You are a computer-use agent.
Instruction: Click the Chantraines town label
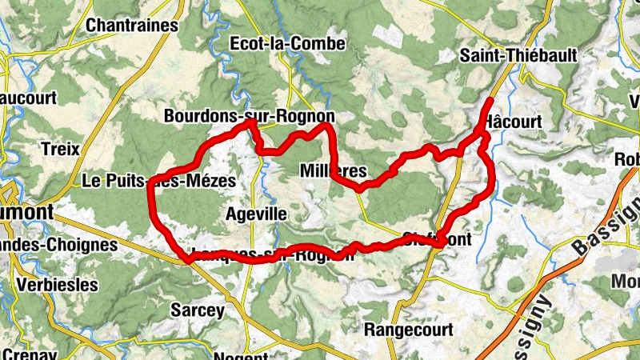131,26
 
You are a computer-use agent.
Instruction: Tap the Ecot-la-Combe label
287,43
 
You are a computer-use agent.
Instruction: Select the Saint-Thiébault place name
502,56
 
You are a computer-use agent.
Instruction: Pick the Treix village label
60,148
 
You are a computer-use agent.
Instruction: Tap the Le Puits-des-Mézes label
159,182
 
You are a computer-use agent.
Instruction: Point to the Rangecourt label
408,330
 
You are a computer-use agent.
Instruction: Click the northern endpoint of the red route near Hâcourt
490,100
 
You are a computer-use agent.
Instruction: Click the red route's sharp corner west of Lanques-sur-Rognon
187,259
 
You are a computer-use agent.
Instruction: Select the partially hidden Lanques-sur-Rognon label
271,255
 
